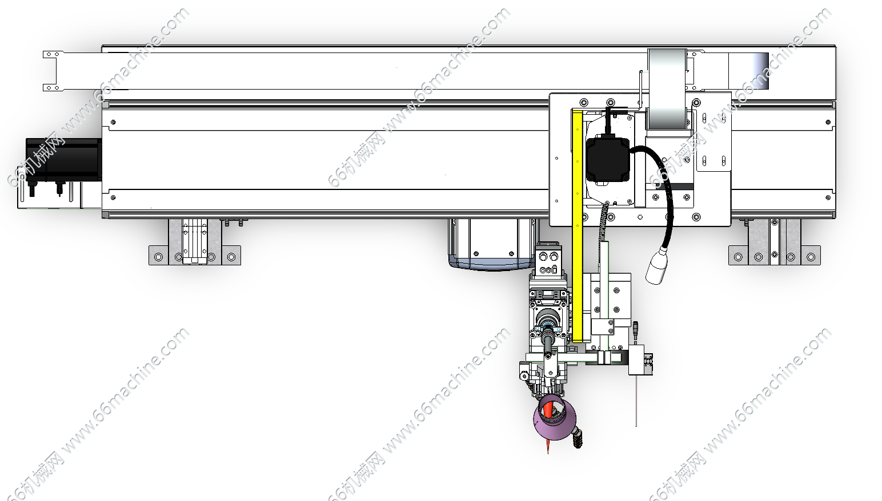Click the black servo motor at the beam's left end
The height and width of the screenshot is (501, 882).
[x=63, y=159]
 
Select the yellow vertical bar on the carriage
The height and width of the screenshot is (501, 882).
[x=577, y=226]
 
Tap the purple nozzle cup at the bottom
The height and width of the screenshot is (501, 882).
[x=555, y=419]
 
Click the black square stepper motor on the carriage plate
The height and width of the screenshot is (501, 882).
[x=608, y=159]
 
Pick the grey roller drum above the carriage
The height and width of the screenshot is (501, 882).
[x=667, y=89]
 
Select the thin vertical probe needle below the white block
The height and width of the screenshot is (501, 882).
[x=636, y=401]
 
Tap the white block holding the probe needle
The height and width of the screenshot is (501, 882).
[x=636, y=360]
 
